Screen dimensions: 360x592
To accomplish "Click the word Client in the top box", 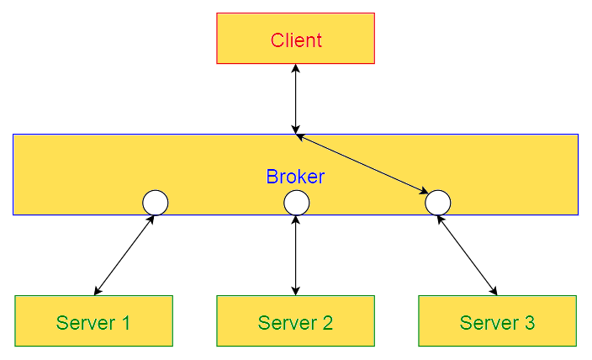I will click(296, 40).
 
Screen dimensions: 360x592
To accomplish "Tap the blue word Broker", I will click(295, 177).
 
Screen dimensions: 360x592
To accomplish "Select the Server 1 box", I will click(93, 321).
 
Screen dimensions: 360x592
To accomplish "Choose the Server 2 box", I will click(295, 321).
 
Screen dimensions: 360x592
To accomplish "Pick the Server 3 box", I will click(497, 321).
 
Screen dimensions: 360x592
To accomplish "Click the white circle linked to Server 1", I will click(156, 203).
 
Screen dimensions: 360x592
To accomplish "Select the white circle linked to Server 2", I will click(296, 203).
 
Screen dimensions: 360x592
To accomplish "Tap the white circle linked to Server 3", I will click(437, 203).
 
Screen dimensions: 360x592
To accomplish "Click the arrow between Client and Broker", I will click(296, 98).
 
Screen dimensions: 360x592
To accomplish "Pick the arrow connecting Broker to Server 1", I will click(124, 256).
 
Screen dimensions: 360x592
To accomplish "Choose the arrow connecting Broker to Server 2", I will click(296, 256).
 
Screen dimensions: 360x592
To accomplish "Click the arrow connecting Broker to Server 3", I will click(467, 256).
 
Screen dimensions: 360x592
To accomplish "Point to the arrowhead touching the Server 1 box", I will click(97, 292).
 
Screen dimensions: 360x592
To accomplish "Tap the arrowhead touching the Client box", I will click(296, 68).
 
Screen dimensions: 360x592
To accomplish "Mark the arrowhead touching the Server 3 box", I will click(494, 292).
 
